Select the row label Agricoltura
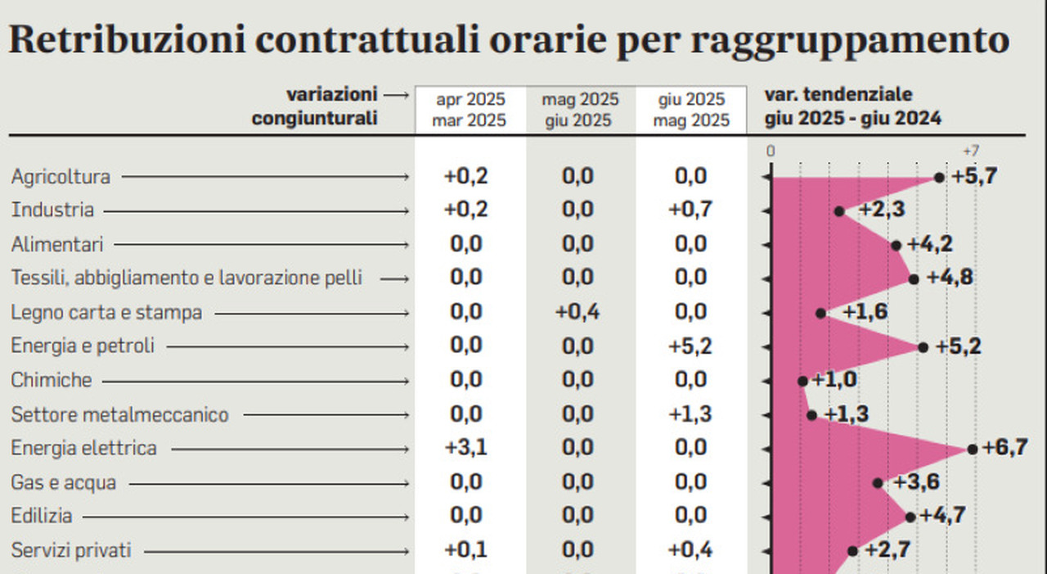(x=61, y=177)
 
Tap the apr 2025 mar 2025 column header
(x=470, y=110)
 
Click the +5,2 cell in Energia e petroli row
(x=690, y=346)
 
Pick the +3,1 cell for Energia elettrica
(x=465, y=449)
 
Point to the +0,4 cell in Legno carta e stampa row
(x=577, y=313)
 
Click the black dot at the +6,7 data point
(x=972, y=449)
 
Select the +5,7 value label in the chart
(x=974, y=176)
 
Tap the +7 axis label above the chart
(x=970, y=151)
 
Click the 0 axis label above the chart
(x=771, y=151)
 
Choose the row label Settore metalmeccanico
(x=119, y=415)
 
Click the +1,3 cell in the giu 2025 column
(x=690, y=414)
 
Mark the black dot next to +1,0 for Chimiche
(x=802, y=381)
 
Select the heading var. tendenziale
(x=838, y=95)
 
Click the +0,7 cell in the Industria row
(x=690, y=210)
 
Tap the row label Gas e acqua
(x=63, y=483)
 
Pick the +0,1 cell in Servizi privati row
(x=465, y=550)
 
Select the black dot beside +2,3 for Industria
(x=839, y=211)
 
